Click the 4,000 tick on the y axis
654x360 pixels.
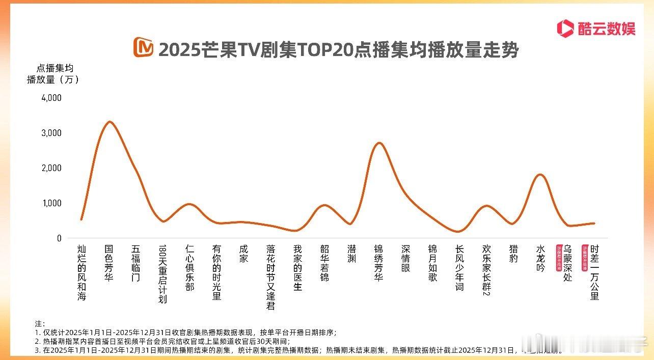coord(51,98)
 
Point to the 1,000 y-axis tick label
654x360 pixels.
coord(51,203)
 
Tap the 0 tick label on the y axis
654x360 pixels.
coord(59,238)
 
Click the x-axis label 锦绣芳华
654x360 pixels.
coord(378,263)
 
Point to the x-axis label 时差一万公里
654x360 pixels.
coord(594,272)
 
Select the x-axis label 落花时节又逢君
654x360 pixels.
coord(270,278)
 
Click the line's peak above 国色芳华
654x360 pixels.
coord(109,122)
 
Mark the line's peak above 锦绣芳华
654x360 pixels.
coord(379,143)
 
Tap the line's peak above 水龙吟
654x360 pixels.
coord(540,175)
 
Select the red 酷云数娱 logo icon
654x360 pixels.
coord(565,27)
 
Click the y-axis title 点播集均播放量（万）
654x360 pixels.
coord(53,73)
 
